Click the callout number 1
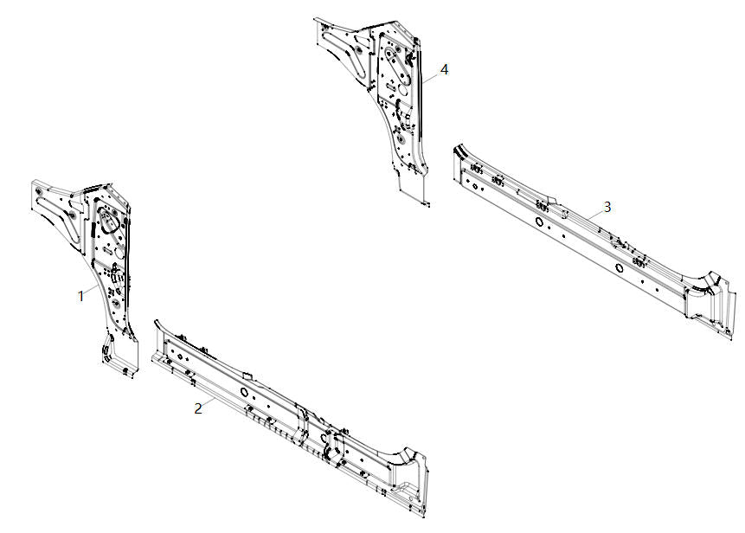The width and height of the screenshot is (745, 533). click(80, 296)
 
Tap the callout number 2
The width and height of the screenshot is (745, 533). click(198, 408)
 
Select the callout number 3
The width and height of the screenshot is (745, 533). click(607, 207)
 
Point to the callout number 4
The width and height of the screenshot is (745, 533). click(444, 69)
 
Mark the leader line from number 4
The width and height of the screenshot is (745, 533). click(431, 77)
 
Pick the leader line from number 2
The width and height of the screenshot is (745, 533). click(210, 402)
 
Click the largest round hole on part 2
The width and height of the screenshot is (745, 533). click(245, 392)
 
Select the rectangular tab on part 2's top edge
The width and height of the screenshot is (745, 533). click(247, 376)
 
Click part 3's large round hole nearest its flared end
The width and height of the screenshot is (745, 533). click(619, 267)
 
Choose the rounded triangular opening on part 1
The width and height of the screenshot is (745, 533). click(108, 221)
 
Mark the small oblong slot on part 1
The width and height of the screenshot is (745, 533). click(107, 250)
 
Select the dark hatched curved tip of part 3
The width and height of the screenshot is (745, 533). click(459, 151)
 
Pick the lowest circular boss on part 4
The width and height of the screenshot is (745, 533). click(400, 138)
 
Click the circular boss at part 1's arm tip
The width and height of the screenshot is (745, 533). click(37, 191)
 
